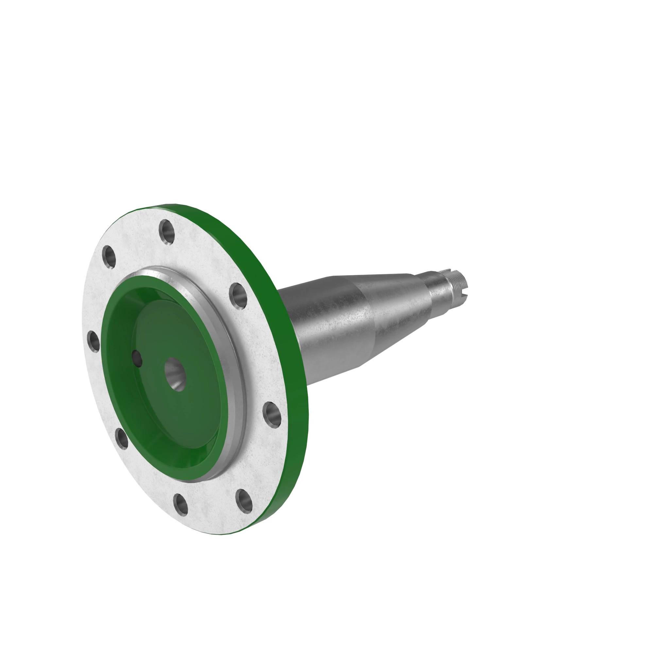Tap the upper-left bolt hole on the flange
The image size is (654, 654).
pos(109,257)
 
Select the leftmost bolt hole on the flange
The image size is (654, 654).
pos(94,341)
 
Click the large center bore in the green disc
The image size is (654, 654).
pos(175,374)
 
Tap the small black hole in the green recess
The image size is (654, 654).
pos(137,358)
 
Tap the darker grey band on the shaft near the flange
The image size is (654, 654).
pos(325,325)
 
